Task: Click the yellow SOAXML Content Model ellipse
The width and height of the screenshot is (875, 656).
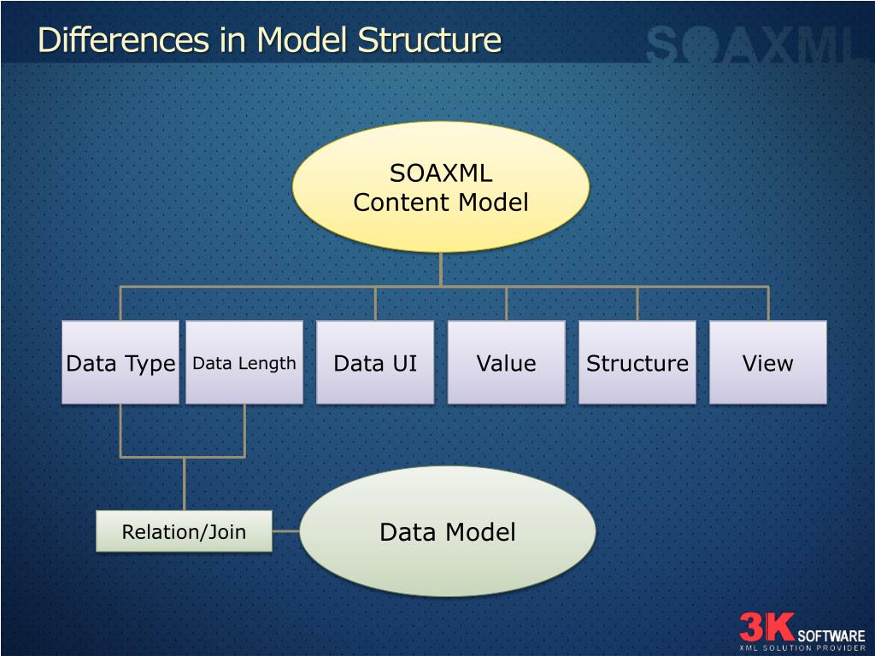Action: click(440, 187)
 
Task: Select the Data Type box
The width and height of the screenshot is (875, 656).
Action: click(120, 362)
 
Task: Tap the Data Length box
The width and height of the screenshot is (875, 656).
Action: click(244, 362)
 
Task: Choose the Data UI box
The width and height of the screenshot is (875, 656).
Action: click(375, 362)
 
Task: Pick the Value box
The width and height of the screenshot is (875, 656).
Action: click(506, 362)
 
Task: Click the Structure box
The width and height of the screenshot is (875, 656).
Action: click(637, 362)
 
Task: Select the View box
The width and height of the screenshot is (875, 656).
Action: click(767, 362)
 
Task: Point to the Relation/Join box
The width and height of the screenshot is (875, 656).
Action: click(184, 531)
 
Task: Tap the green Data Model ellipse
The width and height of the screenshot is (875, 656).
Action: click(447, 531)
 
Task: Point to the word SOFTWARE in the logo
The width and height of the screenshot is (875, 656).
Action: click(831, 636)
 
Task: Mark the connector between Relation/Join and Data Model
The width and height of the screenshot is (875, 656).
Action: click(285, 531)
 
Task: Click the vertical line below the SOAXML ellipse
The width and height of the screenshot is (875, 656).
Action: click(440, 269)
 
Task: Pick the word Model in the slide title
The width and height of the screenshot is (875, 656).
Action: click(304, 39)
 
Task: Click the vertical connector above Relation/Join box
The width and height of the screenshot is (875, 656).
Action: click(184, 483)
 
